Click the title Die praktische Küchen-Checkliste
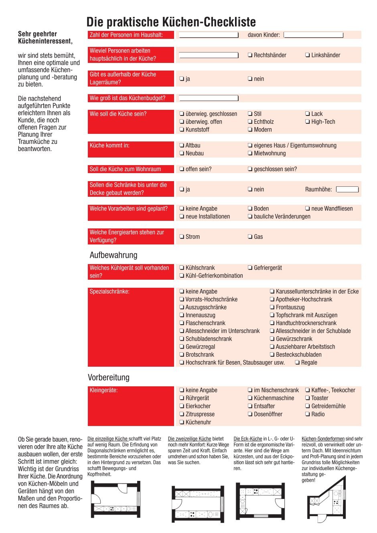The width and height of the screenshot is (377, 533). (171, 22)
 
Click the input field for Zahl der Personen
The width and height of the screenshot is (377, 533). (209, 35)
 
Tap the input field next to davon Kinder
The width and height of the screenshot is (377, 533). (313, 35)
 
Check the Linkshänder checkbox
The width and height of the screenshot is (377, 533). (308, 55)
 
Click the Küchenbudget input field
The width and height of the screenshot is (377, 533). (209, 98)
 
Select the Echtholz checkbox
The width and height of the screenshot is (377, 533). (250, 122)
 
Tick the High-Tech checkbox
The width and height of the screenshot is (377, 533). (308, 122)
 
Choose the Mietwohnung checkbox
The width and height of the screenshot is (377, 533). (250, 153)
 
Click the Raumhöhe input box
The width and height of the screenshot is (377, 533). (347, 189)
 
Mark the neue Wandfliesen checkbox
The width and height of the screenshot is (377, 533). (308, 209)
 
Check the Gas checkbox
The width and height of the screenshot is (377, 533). (250, 237)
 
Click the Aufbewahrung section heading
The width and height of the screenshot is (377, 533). (114, 255)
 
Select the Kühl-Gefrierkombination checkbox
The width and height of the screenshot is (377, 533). (182, 276)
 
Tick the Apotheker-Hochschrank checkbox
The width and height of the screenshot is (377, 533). (272, 299)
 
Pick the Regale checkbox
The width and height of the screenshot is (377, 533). (298, 363)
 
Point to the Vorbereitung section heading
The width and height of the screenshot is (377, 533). (109, 378)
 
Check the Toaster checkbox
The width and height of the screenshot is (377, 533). (308, 398)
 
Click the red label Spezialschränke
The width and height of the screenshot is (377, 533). (109, 292)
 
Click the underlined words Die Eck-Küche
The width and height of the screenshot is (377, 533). (248, 439)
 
